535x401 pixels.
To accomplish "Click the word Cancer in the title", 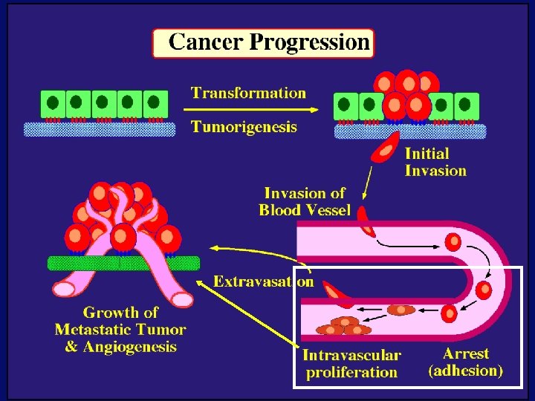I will tap(205, 42).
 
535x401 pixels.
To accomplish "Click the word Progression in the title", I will tap(309, 42).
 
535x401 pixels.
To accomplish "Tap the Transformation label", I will tap(248, 93).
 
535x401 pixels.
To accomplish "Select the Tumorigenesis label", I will tap(244, 127).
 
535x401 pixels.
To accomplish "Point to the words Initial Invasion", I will tap(435, 162).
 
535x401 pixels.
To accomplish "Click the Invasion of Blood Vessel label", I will tap(305, 201).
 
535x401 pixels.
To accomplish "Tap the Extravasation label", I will tap(263, 281).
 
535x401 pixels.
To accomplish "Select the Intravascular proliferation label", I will tap(351, 364).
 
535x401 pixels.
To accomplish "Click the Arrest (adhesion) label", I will tap(466, 362).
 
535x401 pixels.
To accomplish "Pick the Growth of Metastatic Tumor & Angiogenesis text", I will tap(120, 330).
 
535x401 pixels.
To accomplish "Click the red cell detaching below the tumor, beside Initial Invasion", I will tap(386, 151).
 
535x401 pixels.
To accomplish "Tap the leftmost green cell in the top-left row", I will tap(53, 102).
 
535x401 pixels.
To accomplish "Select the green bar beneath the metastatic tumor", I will tap(123, 263).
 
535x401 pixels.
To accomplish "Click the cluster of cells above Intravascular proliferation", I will tap(343, 326).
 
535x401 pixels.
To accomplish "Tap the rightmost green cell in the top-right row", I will tap(467, 105).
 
